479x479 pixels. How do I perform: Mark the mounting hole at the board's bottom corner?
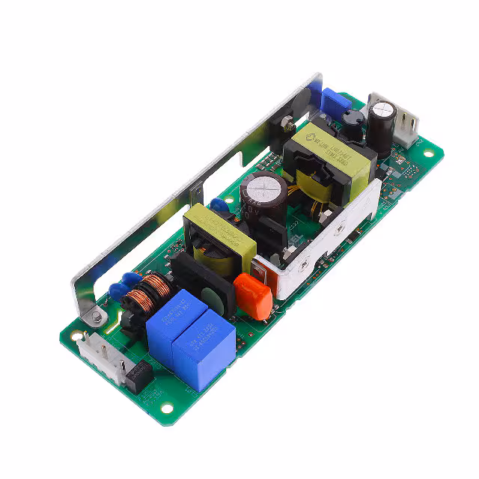pyautogui.click(x=166, y=409)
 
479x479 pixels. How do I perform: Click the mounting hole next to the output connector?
pyautogui.click(x=428, y=154)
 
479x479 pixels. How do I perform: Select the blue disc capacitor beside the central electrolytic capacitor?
pyautogui.click(x=219, y=204)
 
